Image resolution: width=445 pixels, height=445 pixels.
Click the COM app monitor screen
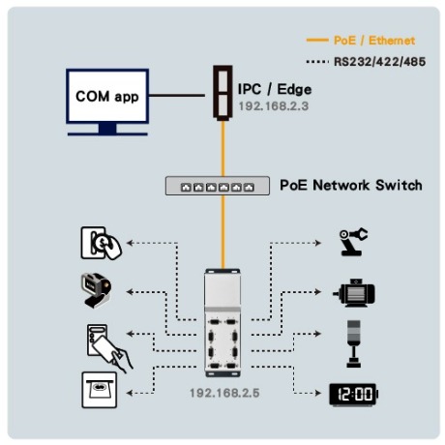tap(107, 96)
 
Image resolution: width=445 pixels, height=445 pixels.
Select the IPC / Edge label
tap(275, 89)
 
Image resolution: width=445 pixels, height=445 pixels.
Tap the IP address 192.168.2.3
tap(274, 105)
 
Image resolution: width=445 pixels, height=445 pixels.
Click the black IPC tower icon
tap(222, 93)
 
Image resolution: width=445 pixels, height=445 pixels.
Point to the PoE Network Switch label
tap(351, 185)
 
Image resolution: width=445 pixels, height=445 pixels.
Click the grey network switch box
tap(218, 186)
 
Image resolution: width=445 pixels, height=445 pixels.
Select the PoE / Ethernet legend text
tap(374, 41)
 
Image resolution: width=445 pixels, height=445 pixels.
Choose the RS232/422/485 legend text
tap(379, 62)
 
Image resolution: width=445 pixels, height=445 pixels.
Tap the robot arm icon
tap(353, 242)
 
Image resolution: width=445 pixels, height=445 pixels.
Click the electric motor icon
tap(354, 293)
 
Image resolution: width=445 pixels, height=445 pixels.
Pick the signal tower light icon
tap(354, 343)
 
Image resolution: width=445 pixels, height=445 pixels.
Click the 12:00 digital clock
tap(353, 394)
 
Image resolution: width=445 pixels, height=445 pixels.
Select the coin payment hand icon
tap(101, 243)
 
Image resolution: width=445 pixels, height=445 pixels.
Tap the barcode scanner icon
tap(96, 290)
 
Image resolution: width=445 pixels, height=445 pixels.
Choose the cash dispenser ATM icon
tap(100, 390)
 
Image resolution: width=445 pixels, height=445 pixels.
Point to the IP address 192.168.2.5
tap(224, 393)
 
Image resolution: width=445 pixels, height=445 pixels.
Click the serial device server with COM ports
tap(222, 323)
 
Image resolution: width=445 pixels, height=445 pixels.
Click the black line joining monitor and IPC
tap(177, 96)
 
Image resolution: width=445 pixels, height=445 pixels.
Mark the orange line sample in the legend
tap(317, 41)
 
